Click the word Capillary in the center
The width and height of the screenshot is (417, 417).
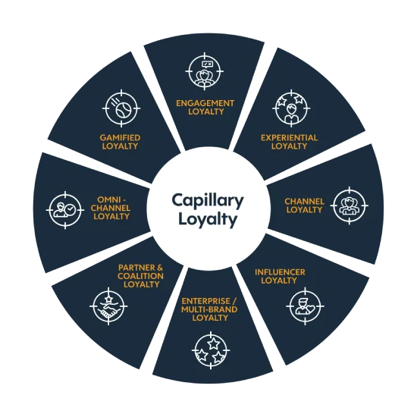(208, 201)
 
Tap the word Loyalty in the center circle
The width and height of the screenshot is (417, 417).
(208, 220)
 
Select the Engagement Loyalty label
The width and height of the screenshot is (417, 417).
(205, 107)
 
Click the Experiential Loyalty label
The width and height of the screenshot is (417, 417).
(289, 142)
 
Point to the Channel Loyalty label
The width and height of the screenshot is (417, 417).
(304, 205)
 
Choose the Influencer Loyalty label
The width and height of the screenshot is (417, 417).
(280, 276)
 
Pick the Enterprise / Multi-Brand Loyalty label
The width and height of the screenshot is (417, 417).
(209, 309)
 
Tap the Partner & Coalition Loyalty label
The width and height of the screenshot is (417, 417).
(140, 276)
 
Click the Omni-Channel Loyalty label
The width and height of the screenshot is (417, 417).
(111, 208)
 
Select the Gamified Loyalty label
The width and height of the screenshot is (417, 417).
(120, 142)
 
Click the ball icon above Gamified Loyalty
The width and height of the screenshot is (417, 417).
(121, 108)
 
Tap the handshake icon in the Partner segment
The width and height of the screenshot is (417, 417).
(108, 306)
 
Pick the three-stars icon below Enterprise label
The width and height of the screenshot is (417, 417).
(211, 350)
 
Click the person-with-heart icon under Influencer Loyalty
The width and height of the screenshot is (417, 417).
(305, 306)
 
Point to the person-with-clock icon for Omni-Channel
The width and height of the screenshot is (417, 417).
(65, 210)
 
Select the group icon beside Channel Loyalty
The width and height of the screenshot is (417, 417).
(350, 205)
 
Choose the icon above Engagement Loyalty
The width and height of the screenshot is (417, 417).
(204, 71)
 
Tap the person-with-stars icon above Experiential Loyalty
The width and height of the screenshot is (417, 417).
(291, 108)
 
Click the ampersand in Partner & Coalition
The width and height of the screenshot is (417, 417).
(159, 268)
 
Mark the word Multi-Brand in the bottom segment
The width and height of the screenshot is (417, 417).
(209, 309)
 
